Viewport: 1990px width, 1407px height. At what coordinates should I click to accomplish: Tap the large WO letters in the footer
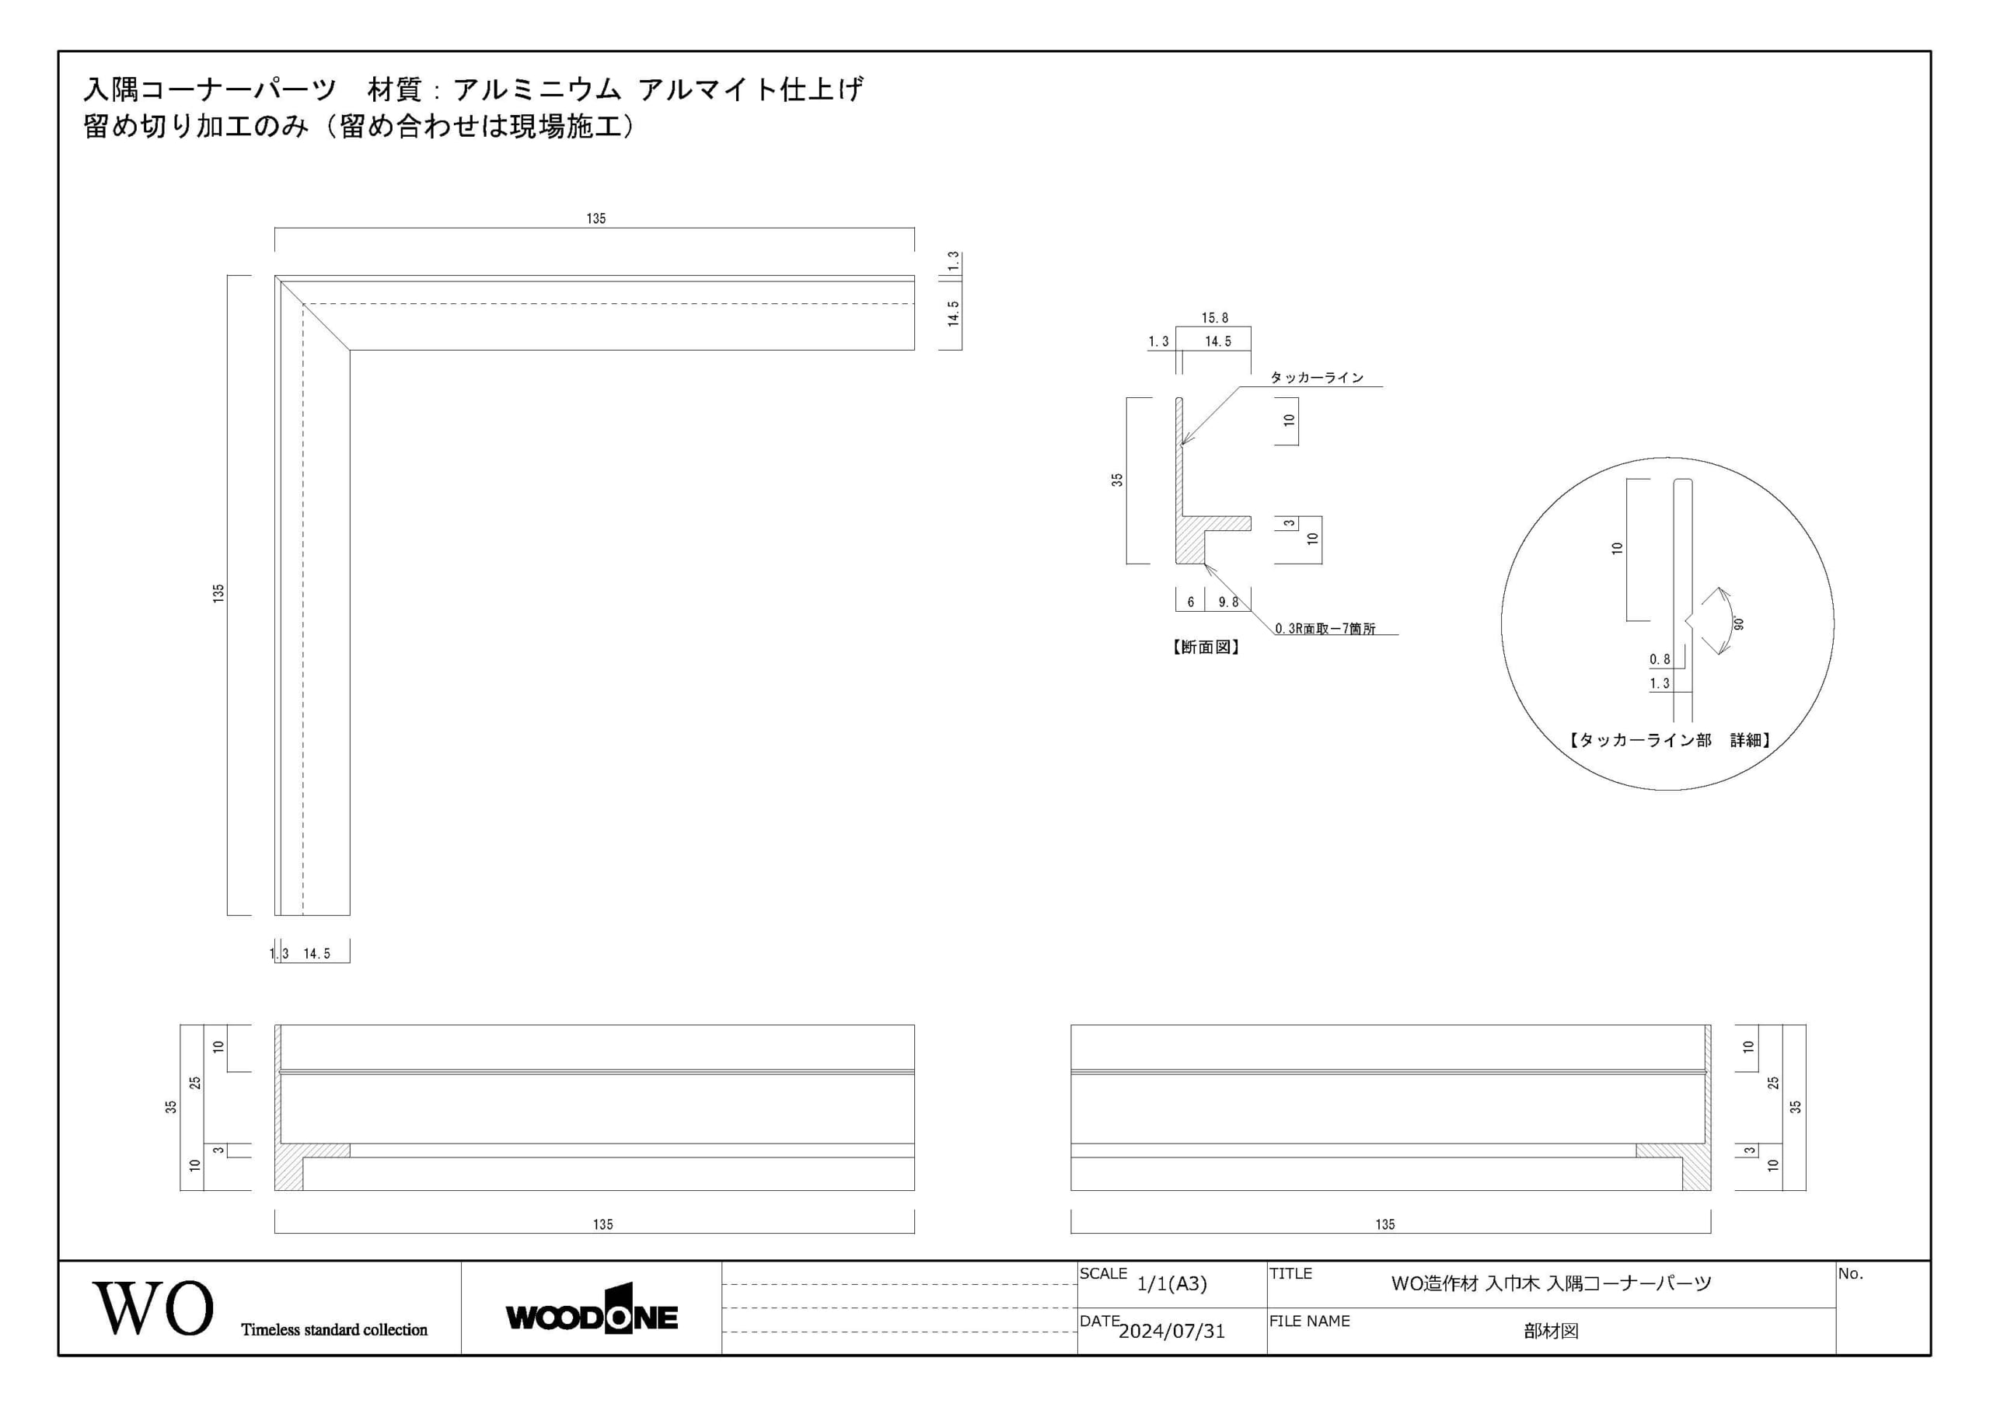153,1308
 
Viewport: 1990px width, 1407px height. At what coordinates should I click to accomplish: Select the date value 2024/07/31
1171,1332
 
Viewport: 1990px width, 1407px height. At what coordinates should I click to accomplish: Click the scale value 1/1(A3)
1171,1284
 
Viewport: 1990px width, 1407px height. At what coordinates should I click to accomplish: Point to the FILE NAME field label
1310,1321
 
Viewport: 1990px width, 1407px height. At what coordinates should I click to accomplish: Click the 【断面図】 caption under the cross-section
1206,647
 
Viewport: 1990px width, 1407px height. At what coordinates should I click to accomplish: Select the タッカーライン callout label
1317,377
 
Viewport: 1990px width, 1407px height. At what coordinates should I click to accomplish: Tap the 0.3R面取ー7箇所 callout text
1325,629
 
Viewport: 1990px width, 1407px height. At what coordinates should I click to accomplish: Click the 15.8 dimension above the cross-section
1214,318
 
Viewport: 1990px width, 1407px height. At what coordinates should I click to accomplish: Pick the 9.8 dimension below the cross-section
1228,602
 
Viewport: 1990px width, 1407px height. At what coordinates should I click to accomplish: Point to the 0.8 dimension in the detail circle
1660,659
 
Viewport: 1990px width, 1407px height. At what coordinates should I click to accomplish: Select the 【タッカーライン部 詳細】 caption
1669,739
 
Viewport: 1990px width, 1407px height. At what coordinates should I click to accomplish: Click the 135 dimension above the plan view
595,218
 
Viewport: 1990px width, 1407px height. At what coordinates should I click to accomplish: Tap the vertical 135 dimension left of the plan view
218,594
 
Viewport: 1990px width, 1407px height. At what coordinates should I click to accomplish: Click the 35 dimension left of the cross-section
1117,480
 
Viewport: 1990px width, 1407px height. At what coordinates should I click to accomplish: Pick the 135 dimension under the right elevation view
1385,1224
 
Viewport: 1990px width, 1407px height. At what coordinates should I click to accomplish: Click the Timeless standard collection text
334,1330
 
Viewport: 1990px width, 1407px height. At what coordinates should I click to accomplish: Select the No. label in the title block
1849,1273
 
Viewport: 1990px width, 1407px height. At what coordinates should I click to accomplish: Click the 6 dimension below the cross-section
1190,602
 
